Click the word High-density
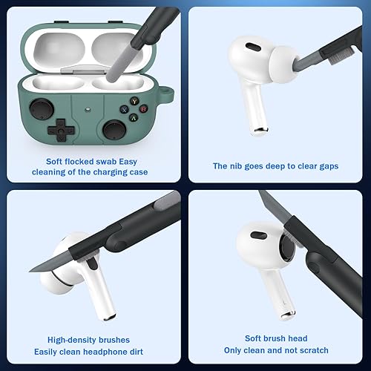click(x=70, y=338)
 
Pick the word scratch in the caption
click(x=312, y=350)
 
